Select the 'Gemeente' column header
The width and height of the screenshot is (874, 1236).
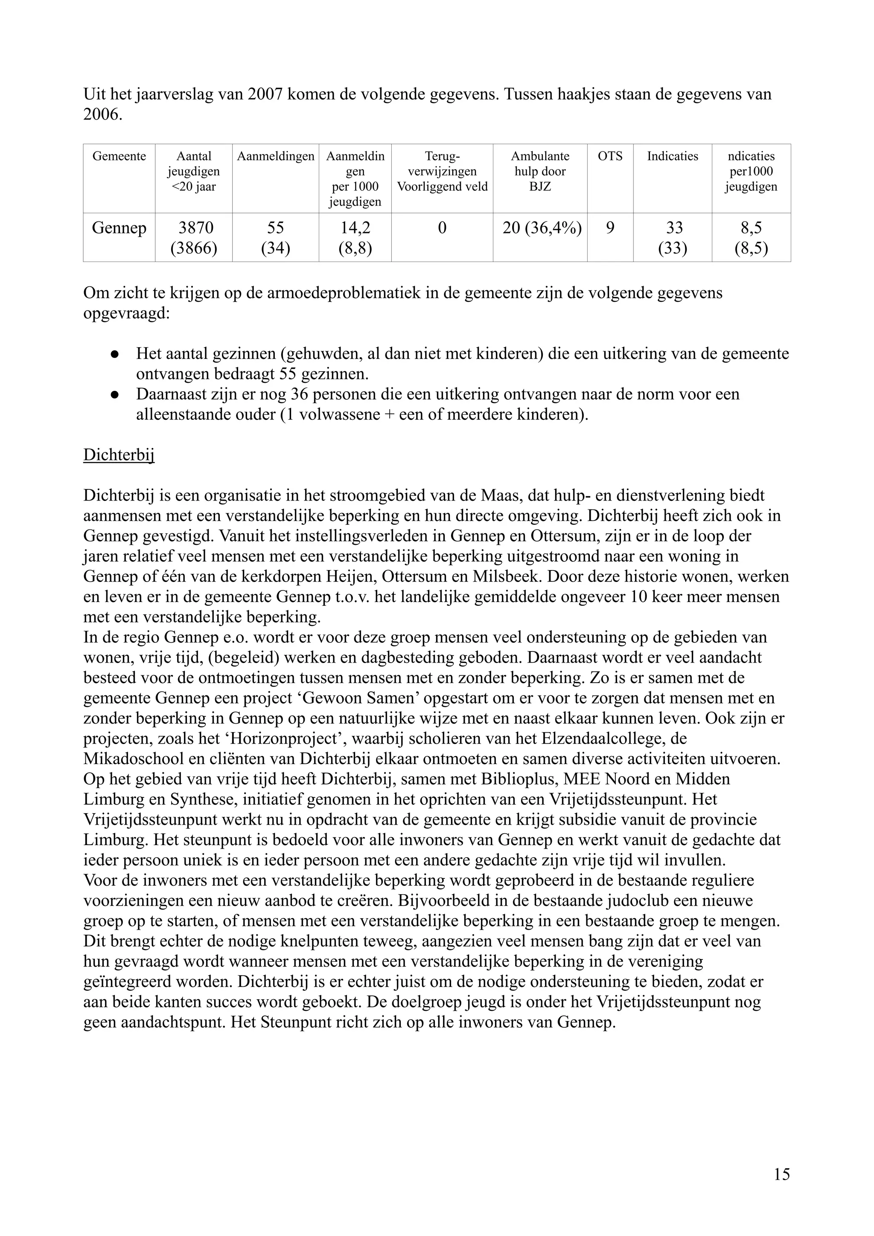click(x=119, y=156)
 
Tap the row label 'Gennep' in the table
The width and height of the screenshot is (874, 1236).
click(x=119, y=228)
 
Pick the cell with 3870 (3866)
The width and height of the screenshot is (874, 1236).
click(x=194, y=238)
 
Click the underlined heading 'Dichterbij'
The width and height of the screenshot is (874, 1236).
click(x=119, y=455)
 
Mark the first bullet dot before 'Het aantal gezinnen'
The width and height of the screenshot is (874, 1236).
click(x=115, y=354)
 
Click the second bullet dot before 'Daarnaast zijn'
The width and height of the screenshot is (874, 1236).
click(x=115, y=395)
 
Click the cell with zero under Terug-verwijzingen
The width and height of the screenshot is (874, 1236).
click(x=442, y=228)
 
